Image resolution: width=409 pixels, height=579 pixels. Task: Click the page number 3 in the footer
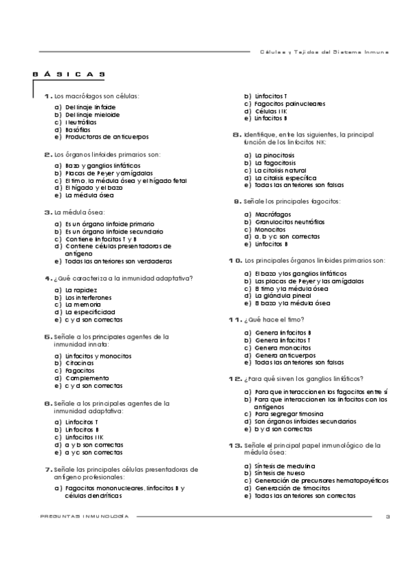click(387, 516)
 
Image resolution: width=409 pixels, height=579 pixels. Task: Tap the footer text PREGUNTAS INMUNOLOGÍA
click(85, 516)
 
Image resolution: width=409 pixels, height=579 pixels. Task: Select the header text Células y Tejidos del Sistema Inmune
click(324, 51)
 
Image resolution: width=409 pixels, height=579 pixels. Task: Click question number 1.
click(48, 96)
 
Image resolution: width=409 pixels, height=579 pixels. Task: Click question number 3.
click(48, 212)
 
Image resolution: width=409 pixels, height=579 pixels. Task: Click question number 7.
click(48, 470)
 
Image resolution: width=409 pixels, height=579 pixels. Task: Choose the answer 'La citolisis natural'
click(281, 171)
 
